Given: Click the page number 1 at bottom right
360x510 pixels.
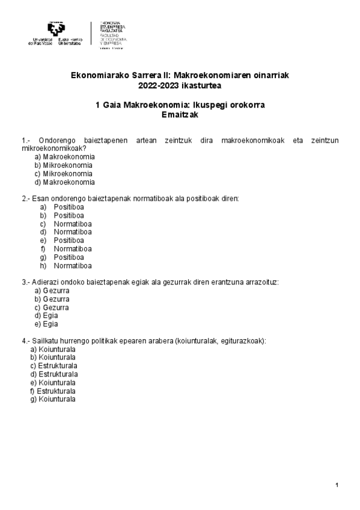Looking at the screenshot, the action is (x=337, y=485).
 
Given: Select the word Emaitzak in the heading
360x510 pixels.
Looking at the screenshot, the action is (x=180, y=115).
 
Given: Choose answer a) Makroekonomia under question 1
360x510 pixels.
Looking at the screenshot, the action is (x=64, y=156).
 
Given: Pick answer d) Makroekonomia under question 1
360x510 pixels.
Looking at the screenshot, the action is (x=64, y=182).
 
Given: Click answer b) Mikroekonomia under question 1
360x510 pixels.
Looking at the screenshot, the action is (x=63, y=165).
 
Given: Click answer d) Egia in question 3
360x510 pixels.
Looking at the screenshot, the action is (x=46, y=315).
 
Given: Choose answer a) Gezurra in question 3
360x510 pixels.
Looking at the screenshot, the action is (x=52, y=290).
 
